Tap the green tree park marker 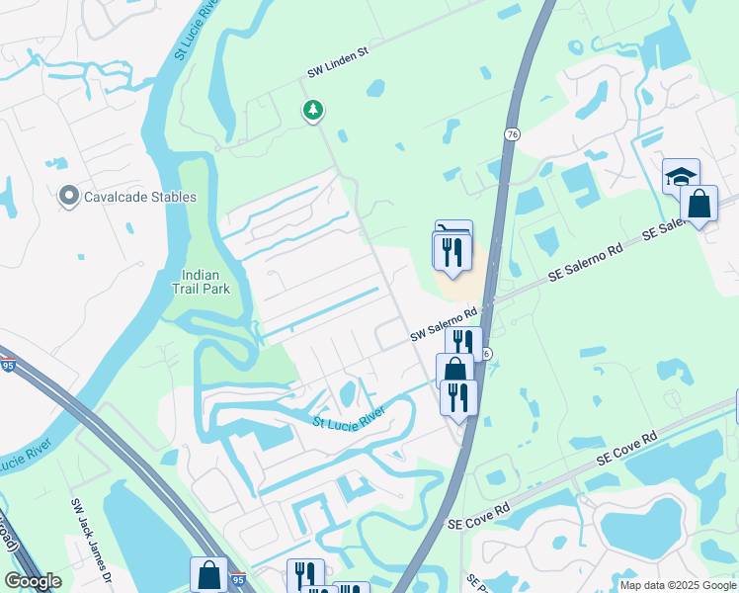point(313,110)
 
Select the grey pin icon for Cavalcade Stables point(68,197)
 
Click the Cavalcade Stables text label point(139,197)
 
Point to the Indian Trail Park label point(205,282)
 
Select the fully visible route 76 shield point(511,134)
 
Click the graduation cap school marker point(680,177)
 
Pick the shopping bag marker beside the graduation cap point(699,205)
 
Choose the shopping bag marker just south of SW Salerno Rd point(454,371)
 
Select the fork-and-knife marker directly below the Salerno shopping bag point(457,396)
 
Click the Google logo point(33,581)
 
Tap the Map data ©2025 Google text point(677,585)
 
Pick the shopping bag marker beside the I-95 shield point(208,574)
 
